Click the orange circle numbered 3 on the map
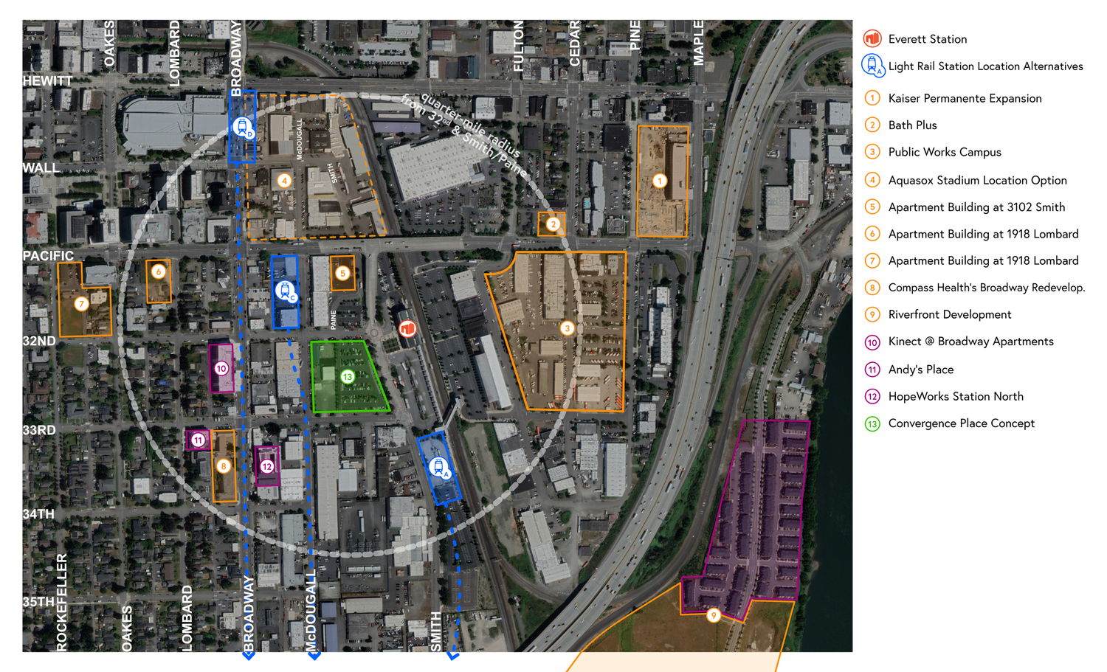[x=567, y=328]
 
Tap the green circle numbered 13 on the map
[x=348, y=377]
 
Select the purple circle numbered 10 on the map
[x=221, y=368]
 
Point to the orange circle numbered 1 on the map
[x=660, y=181]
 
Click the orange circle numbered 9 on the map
[x=713, y=615]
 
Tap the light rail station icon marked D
[x=243, y=127]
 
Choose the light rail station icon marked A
[x=439, y=467]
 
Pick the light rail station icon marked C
[x=285, y=291]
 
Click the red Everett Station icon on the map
[x=407, y=328]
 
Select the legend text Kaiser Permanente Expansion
[x=965, y=98]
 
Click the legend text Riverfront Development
[x=950, y=314]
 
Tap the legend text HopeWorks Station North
[x=956, y=396]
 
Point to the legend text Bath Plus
[x=912, y=125]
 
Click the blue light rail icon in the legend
[x=872, y=65]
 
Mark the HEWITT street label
[x=47, y=81]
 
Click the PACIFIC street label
[x=48, y=256]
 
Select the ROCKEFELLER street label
[x=62, y=602]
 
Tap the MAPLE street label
[x=698, y=43]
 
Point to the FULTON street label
[x=519, y=46]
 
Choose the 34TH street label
[x=38, y=514]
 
